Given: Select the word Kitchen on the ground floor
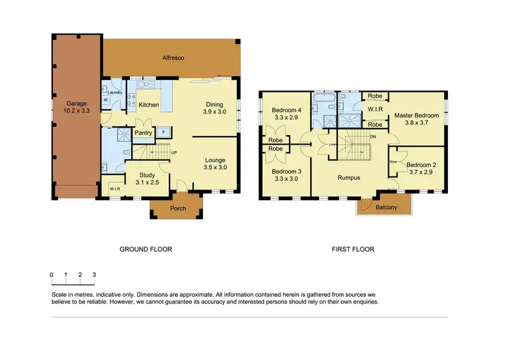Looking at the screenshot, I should pos(149,105).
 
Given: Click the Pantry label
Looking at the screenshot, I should pos(143,133).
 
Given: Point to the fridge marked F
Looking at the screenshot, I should pos(164,132).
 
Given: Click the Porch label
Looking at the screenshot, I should pos(178,209).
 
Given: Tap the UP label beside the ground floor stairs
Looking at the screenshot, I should pos(174,153).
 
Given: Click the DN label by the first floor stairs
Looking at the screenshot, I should pos(373,136).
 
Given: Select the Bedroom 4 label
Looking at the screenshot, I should pos(286,110).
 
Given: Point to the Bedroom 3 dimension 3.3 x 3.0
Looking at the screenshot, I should pos(286,179).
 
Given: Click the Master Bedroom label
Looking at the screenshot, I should pos(416,115).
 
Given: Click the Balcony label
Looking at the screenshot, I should pos(386,207).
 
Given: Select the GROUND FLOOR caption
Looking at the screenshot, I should pos(146,249).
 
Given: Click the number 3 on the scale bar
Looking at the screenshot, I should pos(94,274).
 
